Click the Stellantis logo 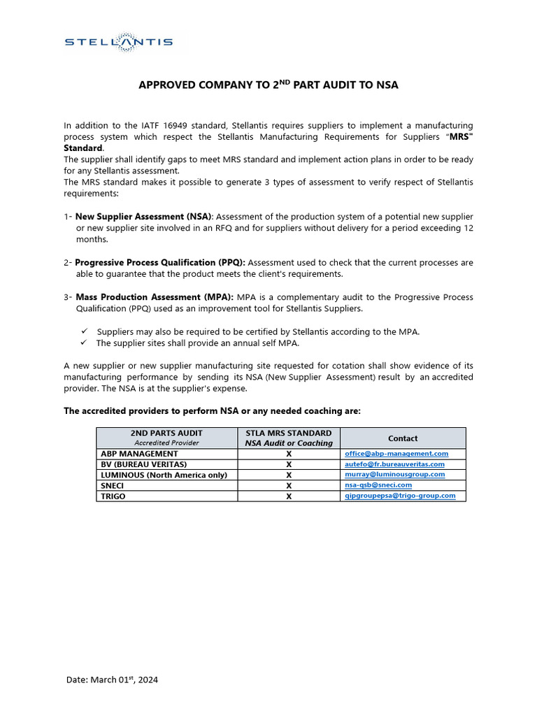(x=118, y=42)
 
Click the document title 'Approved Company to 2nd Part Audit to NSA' (x=268, y=85)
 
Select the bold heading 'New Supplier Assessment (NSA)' (x=143, y=217)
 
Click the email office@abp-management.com (x=396, y=454)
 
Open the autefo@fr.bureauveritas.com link (x=395, y=464)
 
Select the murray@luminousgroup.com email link (x=395, y=474)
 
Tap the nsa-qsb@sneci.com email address (x=378, y=485)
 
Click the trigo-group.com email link (x=400, y=495)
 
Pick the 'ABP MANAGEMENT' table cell (x=140, y=454)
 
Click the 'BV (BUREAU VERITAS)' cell (x=144, y=464)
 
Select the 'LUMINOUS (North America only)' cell (x=164, y=475)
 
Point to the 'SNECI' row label (x=113, y=485)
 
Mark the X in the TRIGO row (x=289, y=496)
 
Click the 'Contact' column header (x=403, y=438)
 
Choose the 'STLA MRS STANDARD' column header (x=289, y=434)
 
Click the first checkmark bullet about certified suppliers (x=83, y=331)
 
